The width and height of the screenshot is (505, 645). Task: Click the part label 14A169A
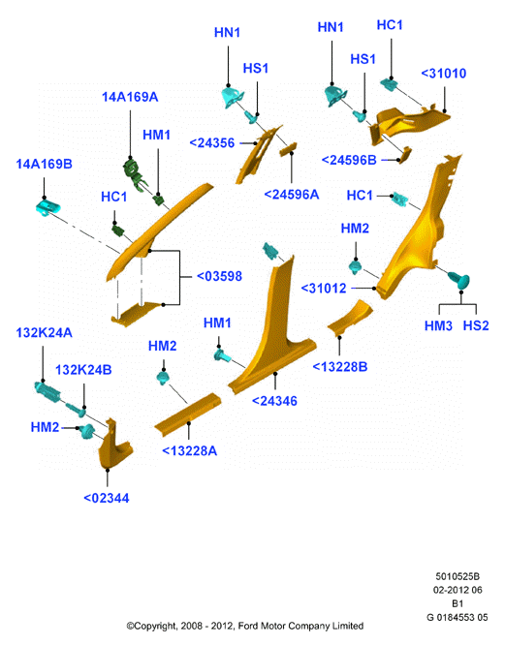click(130, 97)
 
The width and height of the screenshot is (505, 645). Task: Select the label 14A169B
click(44, 164)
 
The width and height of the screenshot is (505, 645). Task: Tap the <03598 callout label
click(219, 276)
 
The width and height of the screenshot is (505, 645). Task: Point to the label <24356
click(212, 143)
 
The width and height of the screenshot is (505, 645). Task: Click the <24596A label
click(292, 194)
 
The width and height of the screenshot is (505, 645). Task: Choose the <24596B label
click(349, 160)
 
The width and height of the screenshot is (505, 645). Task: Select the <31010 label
click(444, 74)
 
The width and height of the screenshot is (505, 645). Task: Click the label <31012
click(324, 289)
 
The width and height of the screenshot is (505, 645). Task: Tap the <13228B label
click(340, 366)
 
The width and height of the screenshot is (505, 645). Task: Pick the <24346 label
click(274, 401)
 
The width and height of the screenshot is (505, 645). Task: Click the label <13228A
click(189, 451)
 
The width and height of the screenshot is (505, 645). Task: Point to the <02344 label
click(107, 498)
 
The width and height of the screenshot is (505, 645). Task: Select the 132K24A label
click(44, 332)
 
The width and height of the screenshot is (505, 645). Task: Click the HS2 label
click(476, 325)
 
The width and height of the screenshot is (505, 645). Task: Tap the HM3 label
click(438, 325)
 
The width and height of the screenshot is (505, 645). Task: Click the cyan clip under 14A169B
click(47, 205)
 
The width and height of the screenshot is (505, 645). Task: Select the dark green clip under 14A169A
click(134, 171)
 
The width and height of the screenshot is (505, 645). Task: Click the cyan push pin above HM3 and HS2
click(459, 281)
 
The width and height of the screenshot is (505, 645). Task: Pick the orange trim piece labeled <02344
click(114, 445)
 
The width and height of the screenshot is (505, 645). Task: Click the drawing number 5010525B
click(458, 576)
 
